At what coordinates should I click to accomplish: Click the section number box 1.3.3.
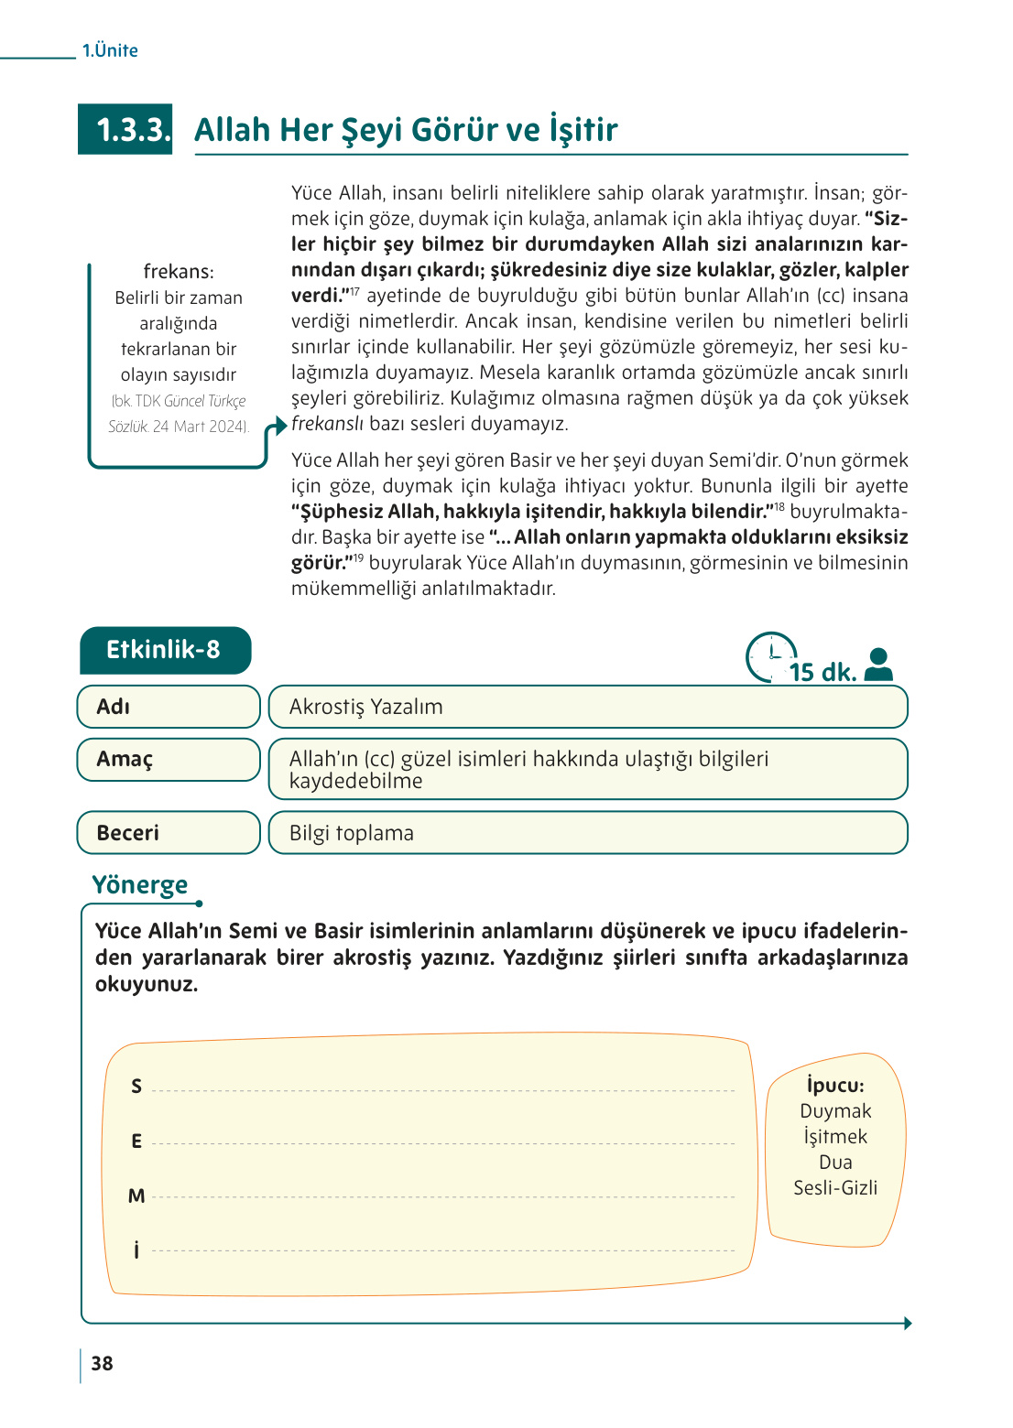pos(125,130)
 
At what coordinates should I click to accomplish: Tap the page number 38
pos(102,1363)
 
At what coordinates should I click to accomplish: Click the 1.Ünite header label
pos(110,50)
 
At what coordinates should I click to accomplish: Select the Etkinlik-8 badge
pos(165,650)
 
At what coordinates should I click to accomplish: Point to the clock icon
pos(770,656)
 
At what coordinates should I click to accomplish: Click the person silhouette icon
pos(878,665)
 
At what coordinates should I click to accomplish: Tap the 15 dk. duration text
pos(822,673)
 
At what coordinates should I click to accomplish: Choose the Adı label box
pos(169,707)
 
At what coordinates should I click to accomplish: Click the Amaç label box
pos(169,760)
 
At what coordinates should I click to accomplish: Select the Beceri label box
pos(169,833)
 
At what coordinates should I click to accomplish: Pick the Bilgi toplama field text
pos(352,833)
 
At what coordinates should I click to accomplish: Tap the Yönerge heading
pos(139,885)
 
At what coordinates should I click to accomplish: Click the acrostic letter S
pos(136,1087)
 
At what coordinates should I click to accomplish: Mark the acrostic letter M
pos(136,1196)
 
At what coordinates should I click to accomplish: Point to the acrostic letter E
pos(136,1141)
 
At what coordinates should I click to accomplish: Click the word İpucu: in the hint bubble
pos(835,1085)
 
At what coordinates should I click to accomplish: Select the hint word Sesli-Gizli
pos(835,1188)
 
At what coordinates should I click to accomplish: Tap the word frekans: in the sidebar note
pos(179,272)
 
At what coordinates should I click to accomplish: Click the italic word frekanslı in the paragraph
pos(327,424)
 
